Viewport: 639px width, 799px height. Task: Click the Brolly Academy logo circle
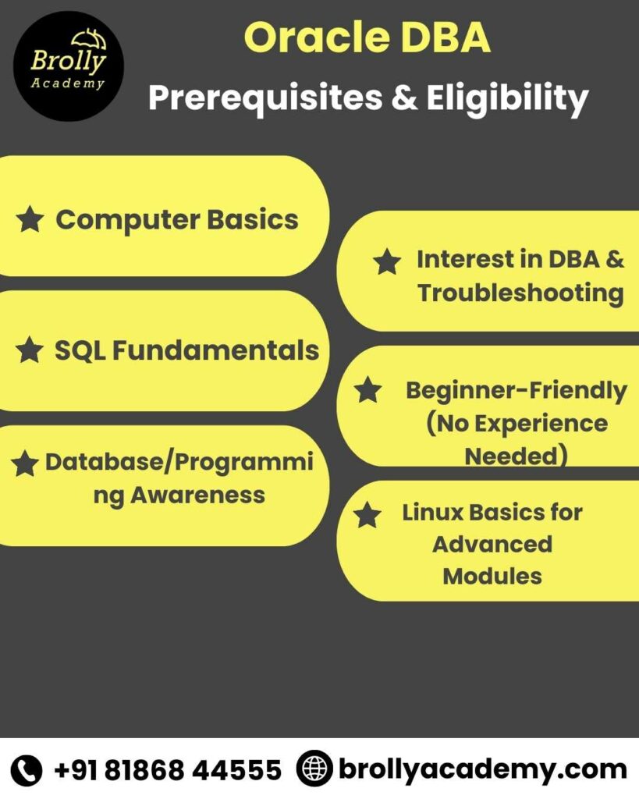[x=69, y=66]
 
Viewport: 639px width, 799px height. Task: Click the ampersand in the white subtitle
[x=405, y=98]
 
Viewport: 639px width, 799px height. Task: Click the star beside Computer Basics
[x=30, y=219]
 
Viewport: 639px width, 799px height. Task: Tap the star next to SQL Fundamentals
[x=30, y=350]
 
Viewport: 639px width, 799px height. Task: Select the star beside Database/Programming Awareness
[x=25, y=464]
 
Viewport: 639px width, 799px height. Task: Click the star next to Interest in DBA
[x=387, y=261]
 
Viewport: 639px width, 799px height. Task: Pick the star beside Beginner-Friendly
[x=368, y=389]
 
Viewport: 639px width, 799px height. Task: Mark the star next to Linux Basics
[x=367, y=515]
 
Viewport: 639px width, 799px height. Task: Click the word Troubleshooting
[x=520, y=293]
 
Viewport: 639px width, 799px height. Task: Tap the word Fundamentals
[x=215, y=350]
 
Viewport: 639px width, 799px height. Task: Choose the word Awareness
[x=197, y=495]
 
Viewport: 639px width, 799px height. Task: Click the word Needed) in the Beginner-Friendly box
[x=516, y=456]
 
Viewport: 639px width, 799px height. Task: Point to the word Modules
[x=492, y=576]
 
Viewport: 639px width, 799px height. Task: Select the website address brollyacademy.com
[x=482, y=769]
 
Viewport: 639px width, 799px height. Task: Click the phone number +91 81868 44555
[x=168, y=770]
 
